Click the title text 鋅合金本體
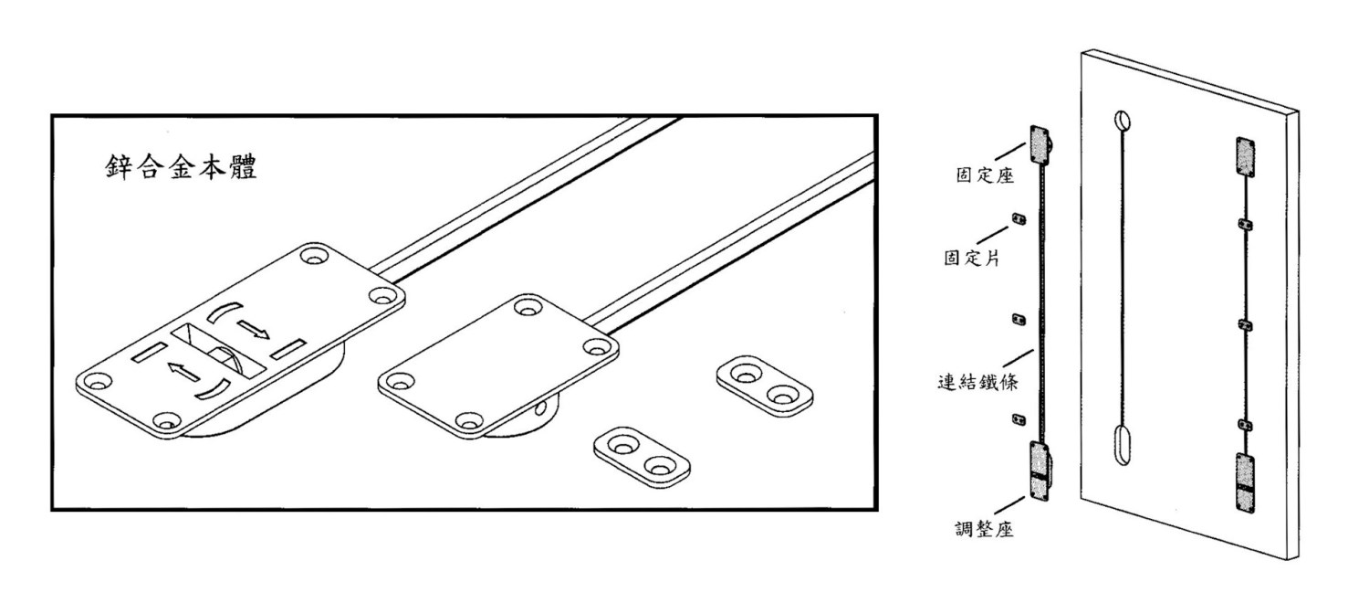(181, 167)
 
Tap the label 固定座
(985, 175)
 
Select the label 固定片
(972, 258)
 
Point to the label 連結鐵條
(977, 382)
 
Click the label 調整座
(984, 529)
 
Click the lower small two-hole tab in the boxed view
(642, 458)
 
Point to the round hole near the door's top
(1122, 121)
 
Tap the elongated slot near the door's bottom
(1123, 445)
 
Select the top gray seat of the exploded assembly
(1040, 145)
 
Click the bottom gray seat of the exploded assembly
(1040, 471)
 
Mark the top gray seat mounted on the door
(1246, 157)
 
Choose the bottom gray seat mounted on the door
(1246, 482)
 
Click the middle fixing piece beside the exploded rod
(1019, 319)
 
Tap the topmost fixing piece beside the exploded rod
(1019, 219)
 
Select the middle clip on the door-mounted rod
(1245, 325)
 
